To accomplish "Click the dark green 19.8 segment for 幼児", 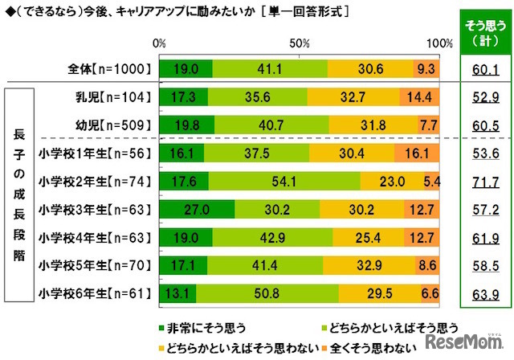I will coord(187,125).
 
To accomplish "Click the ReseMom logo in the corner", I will coord(474,344).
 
